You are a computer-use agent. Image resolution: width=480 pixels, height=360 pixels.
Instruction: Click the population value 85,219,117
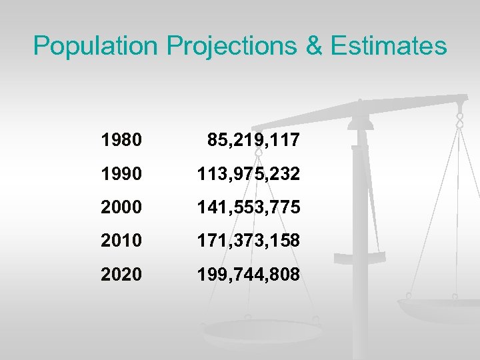(x=253, y=141)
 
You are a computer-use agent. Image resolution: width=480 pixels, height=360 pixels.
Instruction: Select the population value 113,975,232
(x=247, y=174)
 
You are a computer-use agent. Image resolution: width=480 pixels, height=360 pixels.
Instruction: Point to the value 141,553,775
(x=247, y=207)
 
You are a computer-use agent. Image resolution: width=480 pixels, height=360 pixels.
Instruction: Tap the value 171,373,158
(x=247, y=241)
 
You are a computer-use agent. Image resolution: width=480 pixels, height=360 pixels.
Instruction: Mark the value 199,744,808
(x=247, y=274)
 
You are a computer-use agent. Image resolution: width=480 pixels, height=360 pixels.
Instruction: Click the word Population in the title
(x=97, y=46)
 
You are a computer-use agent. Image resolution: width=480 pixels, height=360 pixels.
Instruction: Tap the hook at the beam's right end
(x=459, y=120)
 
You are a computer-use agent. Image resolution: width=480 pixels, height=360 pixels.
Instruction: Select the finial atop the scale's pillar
(x=360, y=107)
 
